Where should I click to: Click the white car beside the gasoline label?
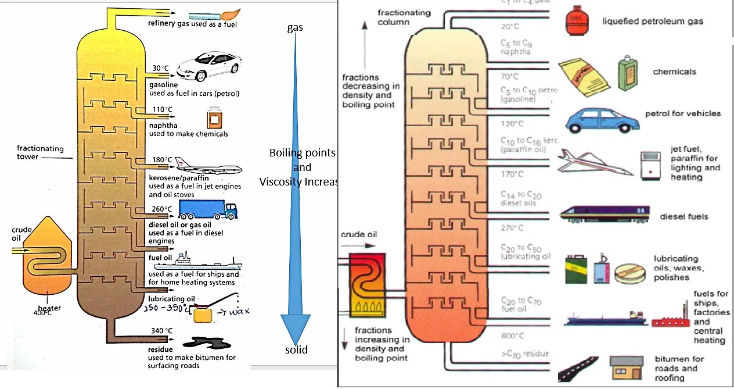tap(208, 66)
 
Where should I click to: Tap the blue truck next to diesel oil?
tap(207, 210)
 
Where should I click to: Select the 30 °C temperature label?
tap(160, 68)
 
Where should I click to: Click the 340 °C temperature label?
tap(162, 331)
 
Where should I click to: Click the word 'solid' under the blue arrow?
tap(296, 349)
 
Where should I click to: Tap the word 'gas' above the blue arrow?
tap(295, 27)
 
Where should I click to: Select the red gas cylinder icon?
tap(575, 21)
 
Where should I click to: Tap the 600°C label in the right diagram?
tap(512, 336)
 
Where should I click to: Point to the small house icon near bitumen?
tap(626, 369)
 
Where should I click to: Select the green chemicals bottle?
tap(627, 73)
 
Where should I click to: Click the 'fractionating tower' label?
tap(36, 152)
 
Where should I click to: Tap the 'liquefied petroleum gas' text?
tap(653, 22)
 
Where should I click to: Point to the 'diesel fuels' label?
tap(684, 217)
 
